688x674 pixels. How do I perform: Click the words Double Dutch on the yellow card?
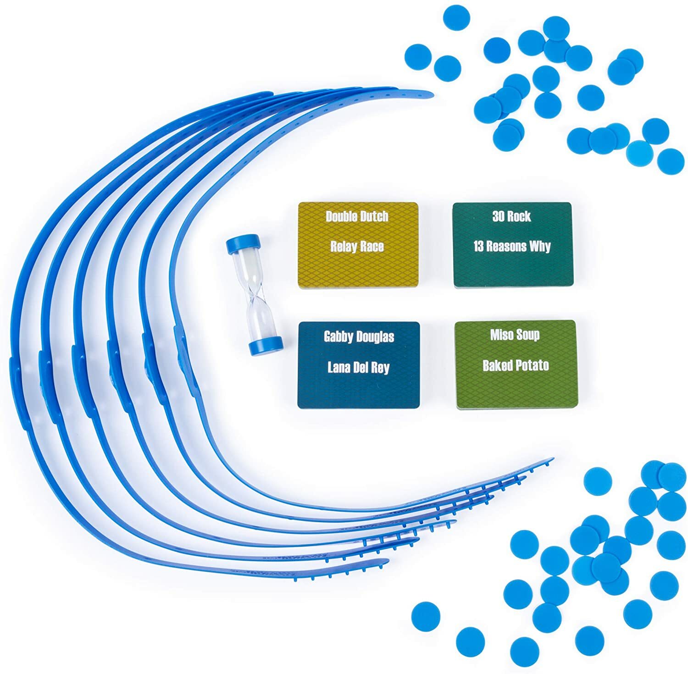(x=357, y=216)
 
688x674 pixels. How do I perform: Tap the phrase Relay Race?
(x=357, y=247)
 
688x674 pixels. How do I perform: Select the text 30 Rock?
(x=511, y=216)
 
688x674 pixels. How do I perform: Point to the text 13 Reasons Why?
(x=512, y=246)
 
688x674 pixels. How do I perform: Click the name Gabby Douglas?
(x=359, y=337)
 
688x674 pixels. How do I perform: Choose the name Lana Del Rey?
(x=359, y=367)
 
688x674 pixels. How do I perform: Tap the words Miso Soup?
(x=515, y=335)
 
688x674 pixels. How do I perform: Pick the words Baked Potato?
(x=516, y=365)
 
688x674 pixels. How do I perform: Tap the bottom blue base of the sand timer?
(x=266, y=345)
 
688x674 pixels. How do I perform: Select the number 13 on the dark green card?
(x=478, y=246)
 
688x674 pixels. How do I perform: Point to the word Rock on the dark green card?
(x=519, y=216)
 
